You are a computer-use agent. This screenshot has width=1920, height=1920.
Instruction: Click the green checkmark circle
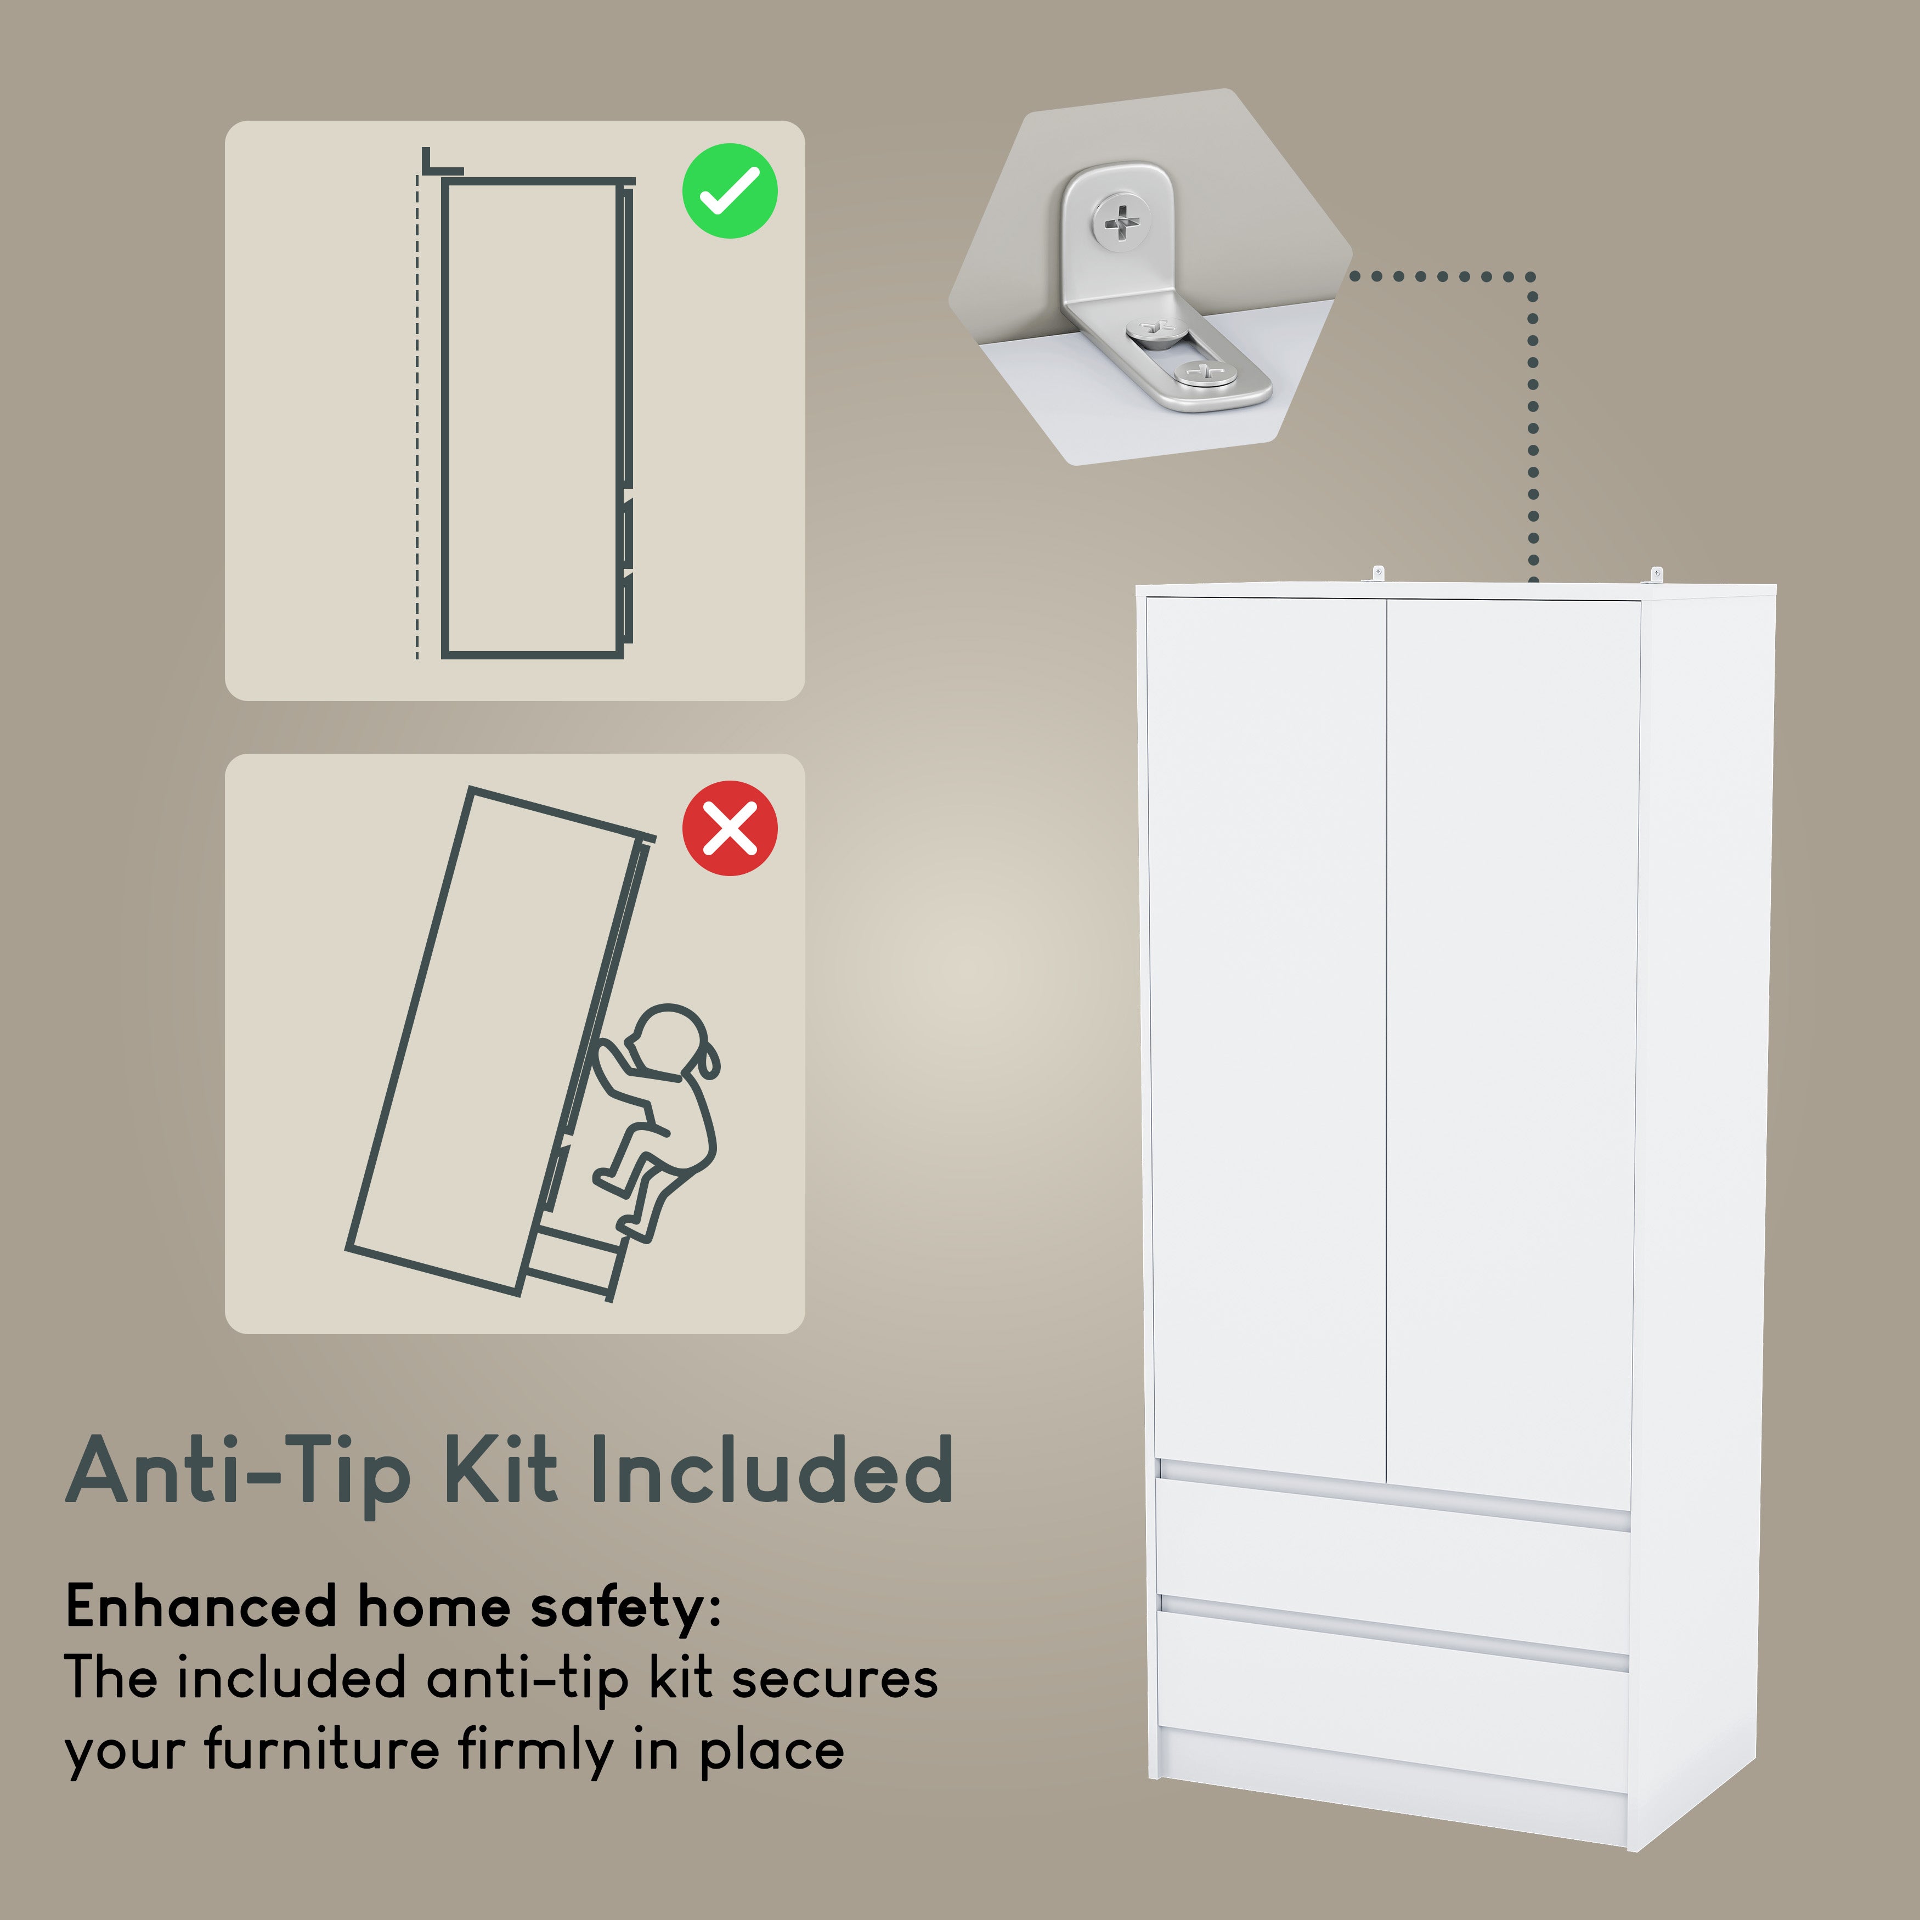(x=730, y=191)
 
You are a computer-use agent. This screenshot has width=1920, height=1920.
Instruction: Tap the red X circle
(x=730, y=828)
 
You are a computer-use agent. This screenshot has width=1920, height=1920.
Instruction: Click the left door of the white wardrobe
(x=1267, y=1034)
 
